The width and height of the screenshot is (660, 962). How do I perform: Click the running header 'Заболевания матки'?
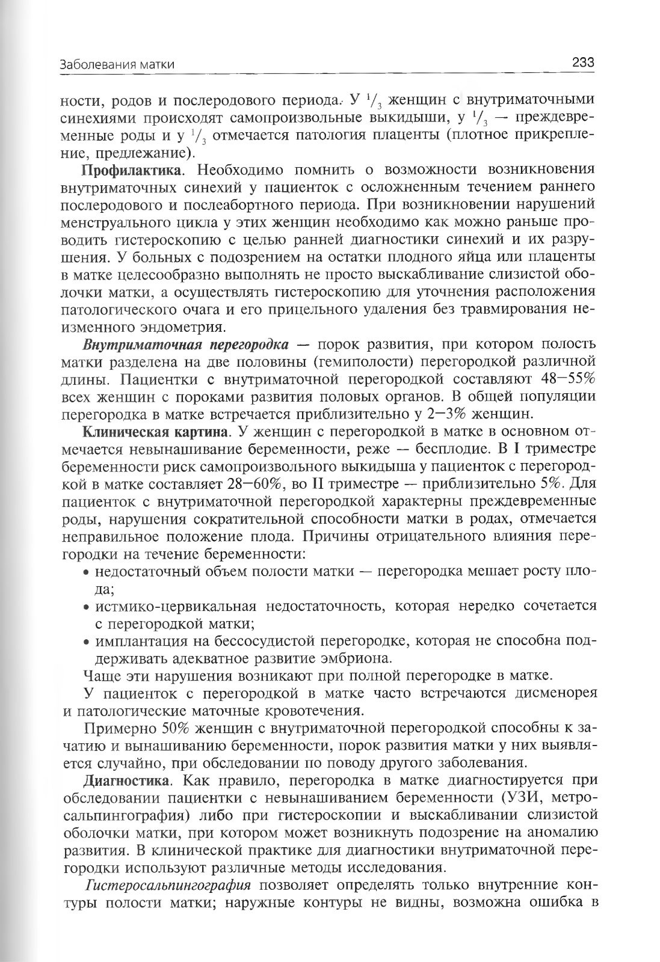click(x=118, y=64)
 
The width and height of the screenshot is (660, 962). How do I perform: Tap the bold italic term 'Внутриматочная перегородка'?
click(x=186, y=345)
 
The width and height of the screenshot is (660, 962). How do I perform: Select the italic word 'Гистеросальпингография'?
click(x=168, y=886)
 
